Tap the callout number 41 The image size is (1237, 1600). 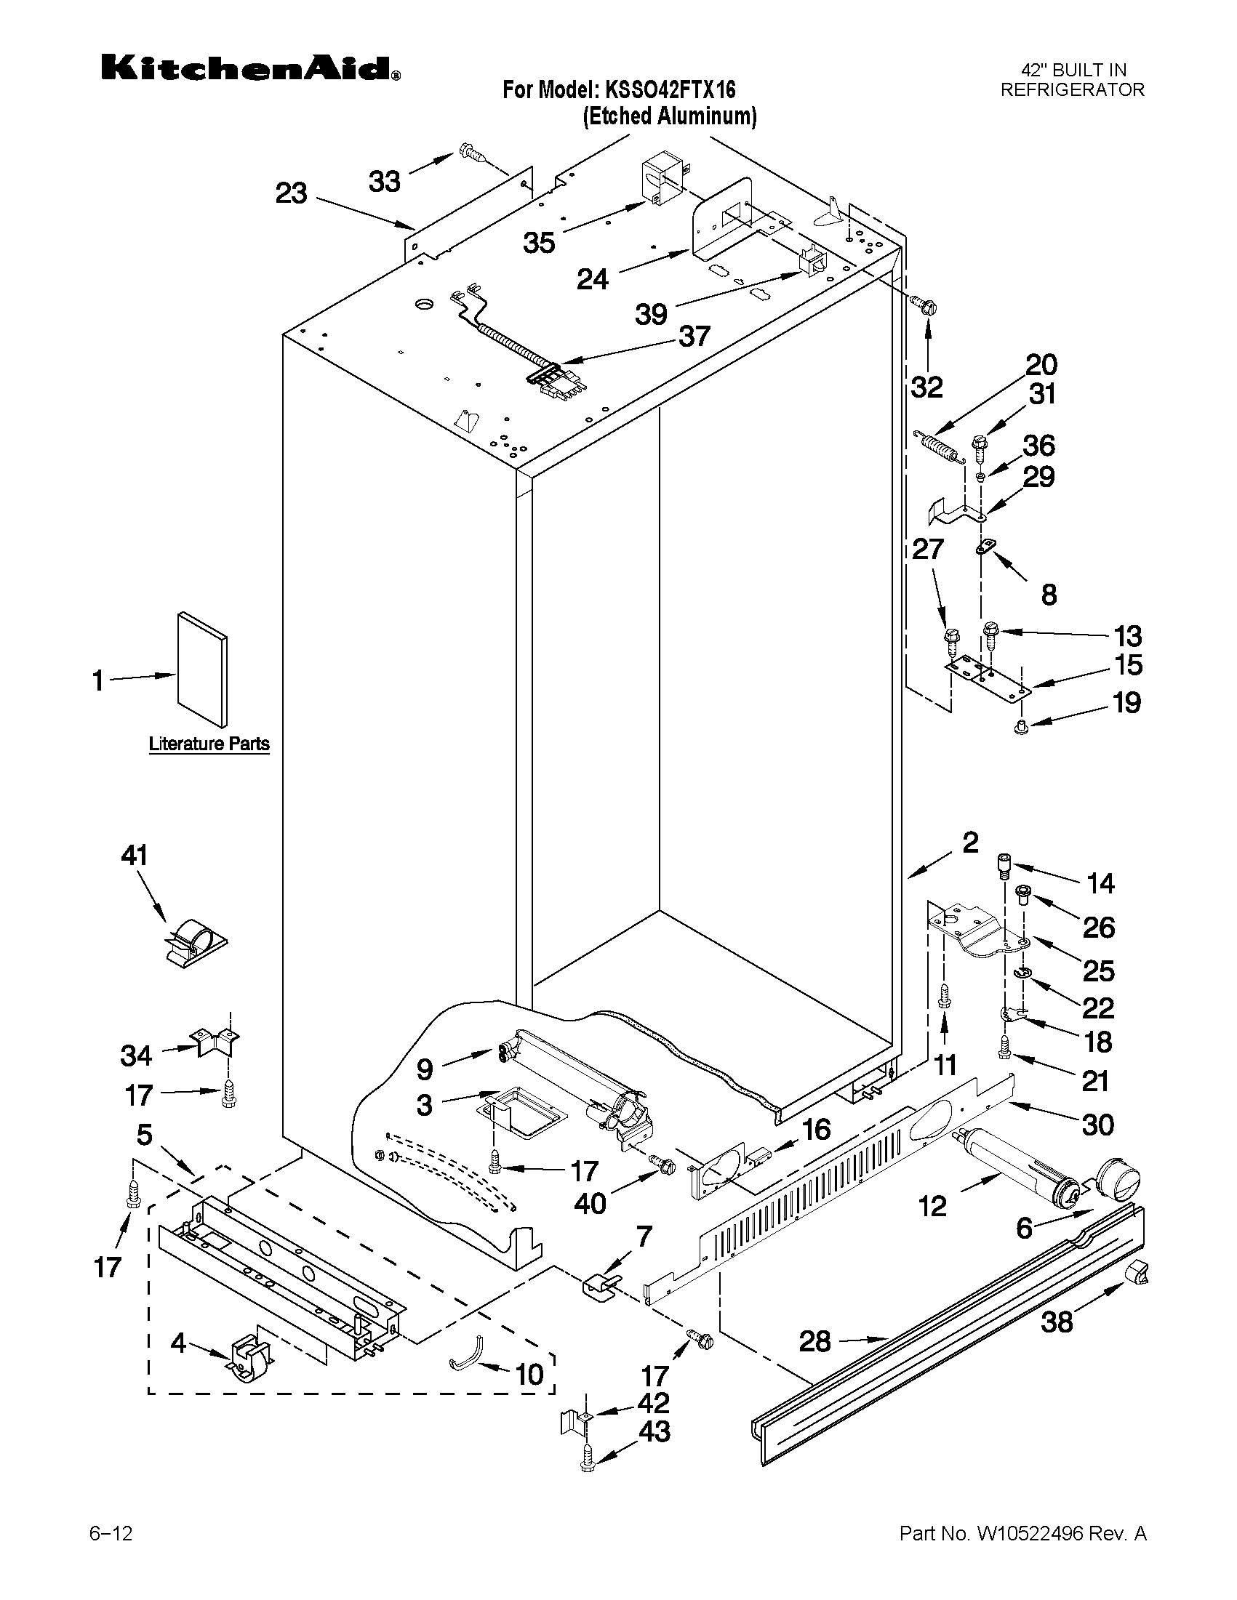point(134,855)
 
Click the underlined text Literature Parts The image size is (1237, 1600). point(209,744)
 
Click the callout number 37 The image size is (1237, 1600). point(694,337)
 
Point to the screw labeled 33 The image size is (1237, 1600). point(473,154)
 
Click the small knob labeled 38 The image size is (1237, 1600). point(1135,1274)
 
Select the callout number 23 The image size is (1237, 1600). point(291,193)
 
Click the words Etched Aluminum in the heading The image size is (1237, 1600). point(669,116)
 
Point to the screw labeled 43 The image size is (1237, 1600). point(587,1480)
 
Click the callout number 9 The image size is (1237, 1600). point(425,1069)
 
